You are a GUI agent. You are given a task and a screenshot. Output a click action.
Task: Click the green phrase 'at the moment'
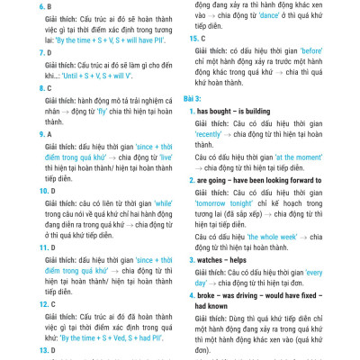click(x=315, y=157)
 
